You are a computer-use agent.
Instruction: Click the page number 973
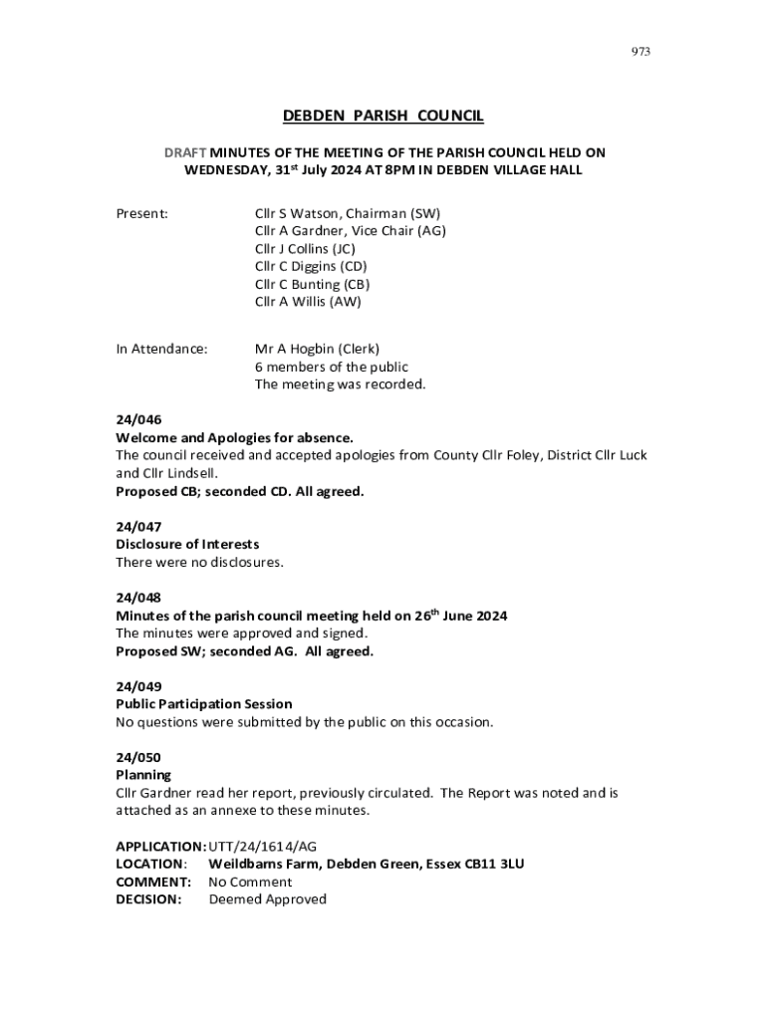(x=640, y=52)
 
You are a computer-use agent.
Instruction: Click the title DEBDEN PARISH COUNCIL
(x=383, y=117)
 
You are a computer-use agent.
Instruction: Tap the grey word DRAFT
(x=185, y=152)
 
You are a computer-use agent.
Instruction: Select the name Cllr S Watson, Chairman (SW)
(x=348, y=213)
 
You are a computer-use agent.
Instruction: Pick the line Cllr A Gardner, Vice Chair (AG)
(x=351, y=231)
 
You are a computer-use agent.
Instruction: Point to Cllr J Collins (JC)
(x=305, y=249)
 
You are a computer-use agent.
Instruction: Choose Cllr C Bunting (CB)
(x=313, y=284)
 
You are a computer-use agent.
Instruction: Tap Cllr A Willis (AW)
(x=308, y=302)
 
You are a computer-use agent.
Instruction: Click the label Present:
(x=141, y=213)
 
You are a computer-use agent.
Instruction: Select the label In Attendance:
(x=162, y=349)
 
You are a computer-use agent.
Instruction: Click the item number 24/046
(x=138, y=419)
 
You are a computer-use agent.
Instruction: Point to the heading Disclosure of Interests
(x=187, y=544)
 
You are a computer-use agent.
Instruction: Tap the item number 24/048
(x=138, y=598)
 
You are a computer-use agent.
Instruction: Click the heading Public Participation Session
(x=204, y=704)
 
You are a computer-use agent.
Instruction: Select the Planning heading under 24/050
(x=143, y=775)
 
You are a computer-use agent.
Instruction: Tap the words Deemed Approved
(x=267, y=899)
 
